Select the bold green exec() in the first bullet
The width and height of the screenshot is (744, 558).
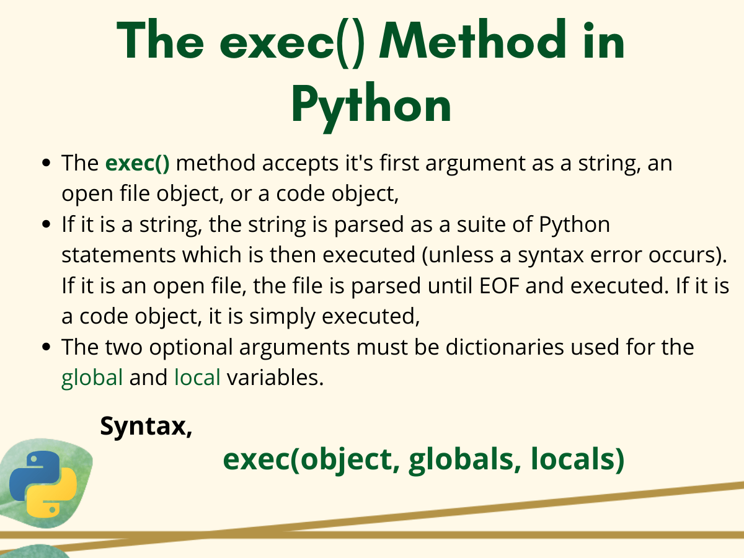(137, 164)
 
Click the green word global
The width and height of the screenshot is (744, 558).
(92, 377)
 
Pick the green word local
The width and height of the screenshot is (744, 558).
(197, 377)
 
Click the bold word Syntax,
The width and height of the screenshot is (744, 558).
(146, 426)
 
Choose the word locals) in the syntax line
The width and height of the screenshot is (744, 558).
(577, 459)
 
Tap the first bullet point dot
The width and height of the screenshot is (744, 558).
(46, 164)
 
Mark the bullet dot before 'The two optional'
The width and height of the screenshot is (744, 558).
(46, 347)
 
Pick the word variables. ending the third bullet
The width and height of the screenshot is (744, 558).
(275, 377)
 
